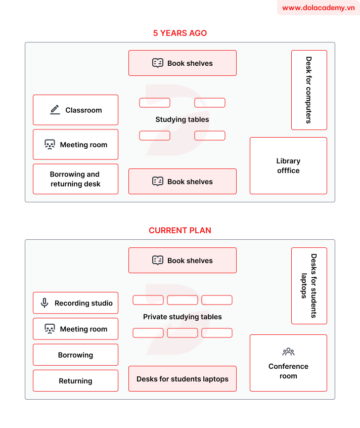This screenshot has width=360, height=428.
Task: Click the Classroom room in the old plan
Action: coord(75,110)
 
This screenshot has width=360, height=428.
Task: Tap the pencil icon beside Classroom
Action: coord(55,110)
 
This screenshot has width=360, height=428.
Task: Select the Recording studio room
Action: coord(75,303)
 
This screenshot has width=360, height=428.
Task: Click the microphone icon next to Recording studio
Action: coord(44,303)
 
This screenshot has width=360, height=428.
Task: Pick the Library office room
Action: coord(288,165)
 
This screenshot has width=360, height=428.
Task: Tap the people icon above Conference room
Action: coord(288,352)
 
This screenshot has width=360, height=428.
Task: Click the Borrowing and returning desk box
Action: coord(75,179)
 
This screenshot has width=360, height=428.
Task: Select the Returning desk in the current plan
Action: coord(75,381)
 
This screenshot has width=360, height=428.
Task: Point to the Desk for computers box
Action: coord(309,90)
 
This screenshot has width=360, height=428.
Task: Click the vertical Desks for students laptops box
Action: coord(309,286)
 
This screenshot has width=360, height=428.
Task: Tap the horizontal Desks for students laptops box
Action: coord(182,379)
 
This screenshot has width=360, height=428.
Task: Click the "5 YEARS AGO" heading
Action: coord(180,33)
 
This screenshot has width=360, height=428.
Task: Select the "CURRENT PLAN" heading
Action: coord(180,230)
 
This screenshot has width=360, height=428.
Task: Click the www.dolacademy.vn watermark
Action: coord(318,8)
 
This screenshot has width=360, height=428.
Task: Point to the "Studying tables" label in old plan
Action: coord(182,119)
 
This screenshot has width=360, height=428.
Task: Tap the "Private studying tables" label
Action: coord(182,317)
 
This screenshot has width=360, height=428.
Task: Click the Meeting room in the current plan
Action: coord(75,329)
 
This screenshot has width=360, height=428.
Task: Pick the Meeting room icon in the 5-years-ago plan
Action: coord(50,145)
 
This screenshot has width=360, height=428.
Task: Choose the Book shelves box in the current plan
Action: coord(182,261)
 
